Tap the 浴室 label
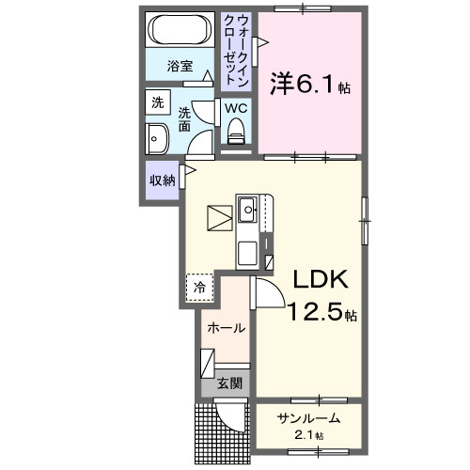(x=180, y=66)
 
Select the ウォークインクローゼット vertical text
(x=236, y=49)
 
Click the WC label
(x=235, y=107)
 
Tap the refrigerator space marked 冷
(x=199, y=288)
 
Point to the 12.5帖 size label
(x=321, y=312)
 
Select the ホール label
(x=227, y=328)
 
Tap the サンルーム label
(x=307, y=418)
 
